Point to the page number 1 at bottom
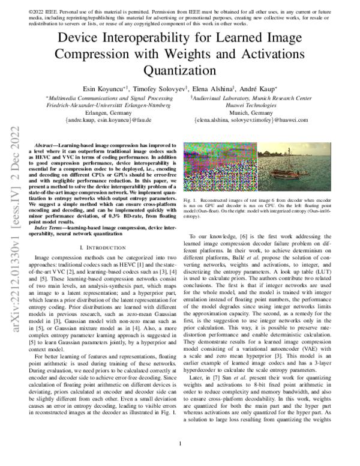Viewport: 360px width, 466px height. click(181, 444)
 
